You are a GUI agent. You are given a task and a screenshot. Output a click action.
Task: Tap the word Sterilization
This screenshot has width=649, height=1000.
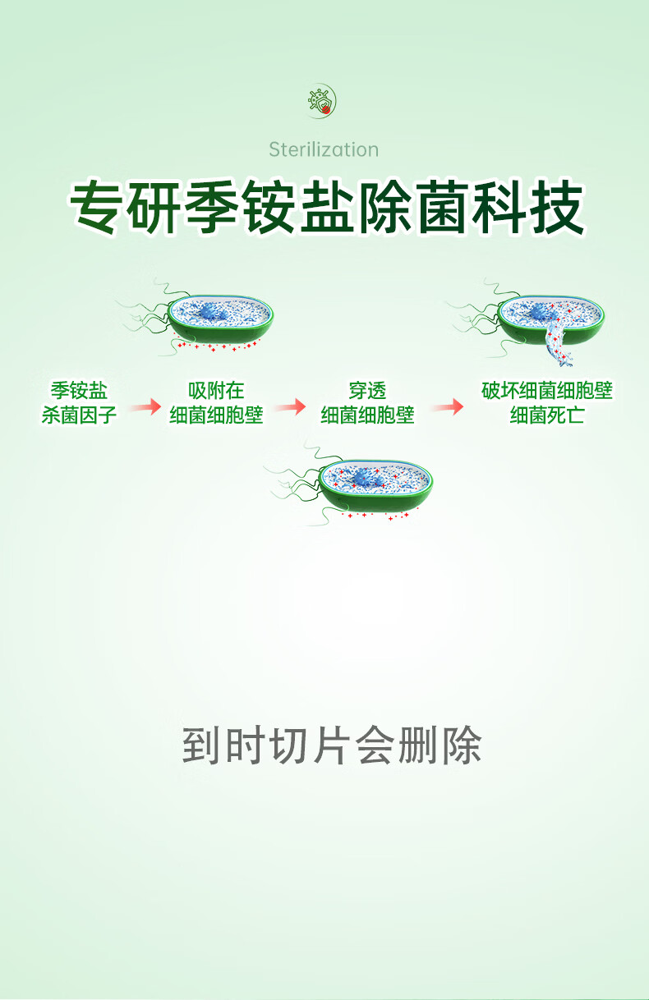324,149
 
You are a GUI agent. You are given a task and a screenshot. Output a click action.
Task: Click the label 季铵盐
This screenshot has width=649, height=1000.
79,391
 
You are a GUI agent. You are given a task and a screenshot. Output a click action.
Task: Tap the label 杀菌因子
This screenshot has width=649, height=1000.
79,415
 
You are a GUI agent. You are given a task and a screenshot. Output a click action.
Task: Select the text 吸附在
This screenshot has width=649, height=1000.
216,391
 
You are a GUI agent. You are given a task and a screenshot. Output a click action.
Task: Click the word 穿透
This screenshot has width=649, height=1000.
366,391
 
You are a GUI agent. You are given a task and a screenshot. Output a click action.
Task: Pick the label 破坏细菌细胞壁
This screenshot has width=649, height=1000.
547,391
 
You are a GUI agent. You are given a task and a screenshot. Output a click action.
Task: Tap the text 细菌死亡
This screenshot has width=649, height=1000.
547,415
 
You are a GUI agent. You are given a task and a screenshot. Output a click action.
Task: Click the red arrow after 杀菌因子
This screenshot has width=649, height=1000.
144,406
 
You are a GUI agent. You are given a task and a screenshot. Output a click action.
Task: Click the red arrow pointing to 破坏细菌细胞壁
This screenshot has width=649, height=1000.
448,406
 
